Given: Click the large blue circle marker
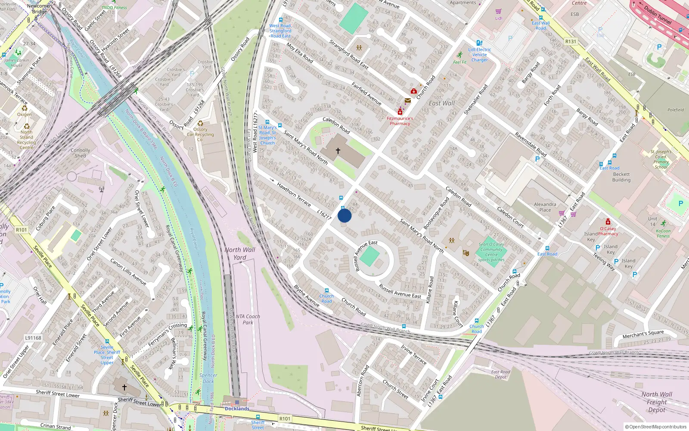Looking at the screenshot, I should (x=344, y=215).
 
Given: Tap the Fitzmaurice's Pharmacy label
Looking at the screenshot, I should (x=400, y=121).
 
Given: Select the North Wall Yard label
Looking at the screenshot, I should (x=240, y=253).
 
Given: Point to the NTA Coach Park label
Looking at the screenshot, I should (x=248, y=319).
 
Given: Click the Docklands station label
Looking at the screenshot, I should (x=237, y=409).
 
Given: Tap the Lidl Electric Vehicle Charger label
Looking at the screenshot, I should (x=480, y=55).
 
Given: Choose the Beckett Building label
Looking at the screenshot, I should (x=621, y=177).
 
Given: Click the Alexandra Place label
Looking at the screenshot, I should (x=545, y=207).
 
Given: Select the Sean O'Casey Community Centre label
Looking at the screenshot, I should (x=491, y=252).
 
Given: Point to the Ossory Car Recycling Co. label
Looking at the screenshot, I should (x=200, y=134).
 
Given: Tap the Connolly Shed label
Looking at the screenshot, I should (x=81, y=153).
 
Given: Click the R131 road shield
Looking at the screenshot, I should (x=571, y=42).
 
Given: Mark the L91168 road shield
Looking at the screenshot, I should (x=33, y=338).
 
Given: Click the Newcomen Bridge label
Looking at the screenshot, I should (x=39, y=9).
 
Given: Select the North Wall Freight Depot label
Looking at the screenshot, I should (x=657, y=402).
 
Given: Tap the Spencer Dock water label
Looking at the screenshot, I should (x=208, y=378).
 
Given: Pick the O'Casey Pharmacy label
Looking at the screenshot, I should (x=608, y=231).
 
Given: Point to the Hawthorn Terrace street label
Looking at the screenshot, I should (x=294, y=194).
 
